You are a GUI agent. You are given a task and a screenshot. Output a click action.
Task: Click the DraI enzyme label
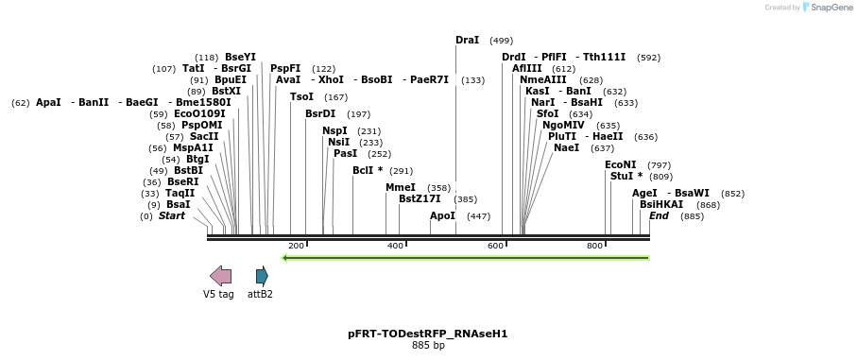point(467,41)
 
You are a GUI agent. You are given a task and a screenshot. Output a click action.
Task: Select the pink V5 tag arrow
point(220,276)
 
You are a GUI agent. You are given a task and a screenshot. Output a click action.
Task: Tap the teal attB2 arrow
point(262,276)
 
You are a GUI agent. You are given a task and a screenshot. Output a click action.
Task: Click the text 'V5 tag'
point(218,294)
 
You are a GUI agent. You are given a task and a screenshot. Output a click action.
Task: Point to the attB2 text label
point(260,294)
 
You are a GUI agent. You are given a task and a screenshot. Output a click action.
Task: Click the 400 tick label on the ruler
point(395,246)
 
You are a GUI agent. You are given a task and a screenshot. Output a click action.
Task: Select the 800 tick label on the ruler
point(594,246)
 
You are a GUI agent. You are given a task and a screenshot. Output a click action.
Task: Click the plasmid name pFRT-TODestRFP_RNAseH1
point(428,334)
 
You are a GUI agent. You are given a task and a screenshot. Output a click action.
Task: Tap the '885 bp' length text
point(428,346)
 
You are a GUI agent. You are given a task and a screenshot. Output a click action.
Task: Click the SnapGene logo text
point(828,8)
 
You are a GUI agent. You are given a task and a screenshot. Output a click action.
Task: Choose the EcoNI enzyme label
point(621,164)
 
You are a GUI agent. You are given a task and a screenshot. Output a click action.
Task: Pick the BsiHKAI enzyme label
point(661,204)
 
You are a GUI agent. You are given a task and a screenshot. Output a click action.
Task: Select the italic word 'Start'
point(172,216)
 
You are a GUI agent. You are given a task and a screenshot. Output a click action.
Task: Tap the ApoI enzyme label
point(442,216)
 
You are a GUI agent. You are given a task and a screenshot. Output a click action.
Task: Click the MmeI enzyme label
point(401,187)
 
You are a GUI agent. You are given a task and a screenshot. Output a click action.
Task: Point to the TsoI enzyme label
point(301,96)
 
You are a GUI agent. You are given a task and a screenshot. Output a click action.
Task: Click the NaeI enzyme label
point(566,147)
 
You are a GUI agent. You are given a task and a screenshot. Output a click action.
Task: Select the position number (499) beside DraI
point(502,41)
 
